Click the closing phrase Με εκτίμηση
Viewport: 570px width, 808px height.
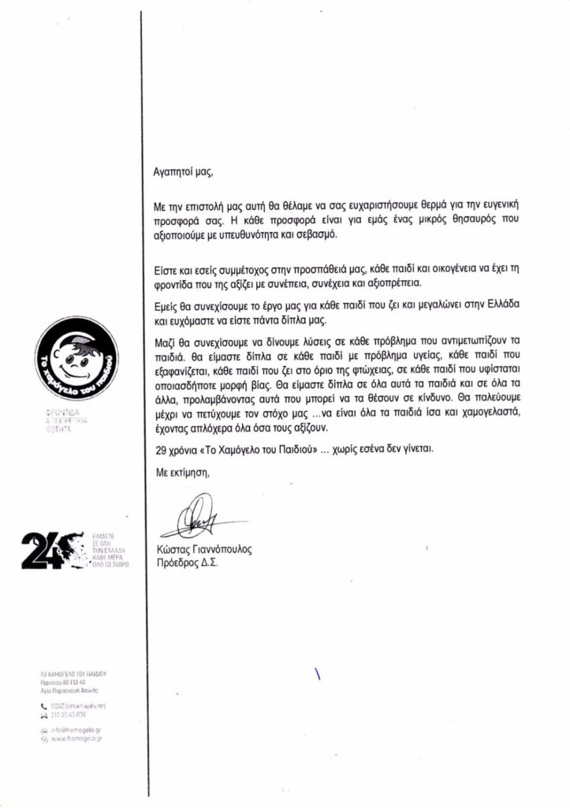pos(182,472)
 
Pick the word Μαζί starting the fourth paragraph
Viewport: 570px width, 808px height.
pos(165,341)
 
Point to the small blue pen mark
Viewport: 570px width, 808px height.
pos(318,675)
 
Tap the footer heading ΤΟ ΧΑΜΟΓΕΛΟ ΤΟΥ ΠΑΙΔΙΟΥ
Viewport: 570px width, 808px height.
pos(73,675)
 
